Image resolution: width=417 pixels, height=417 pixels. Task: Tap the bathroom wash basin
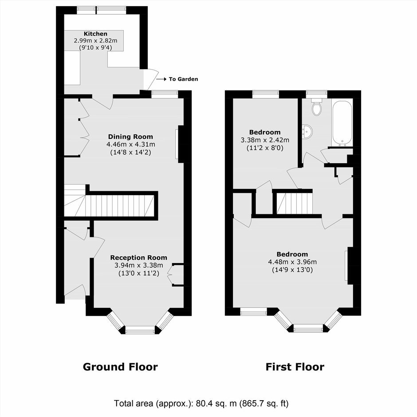coord(307,131)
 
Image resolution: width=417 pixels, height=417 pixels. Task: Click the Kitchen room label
coord(95,34)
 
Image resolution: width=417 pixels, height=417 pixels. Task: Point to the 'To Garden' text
coord(184,79)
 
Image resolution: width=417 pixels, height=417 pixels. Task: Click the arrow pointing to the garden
coord(161,79)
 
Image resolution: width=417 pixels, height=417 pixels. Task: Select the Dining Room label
coord(130,137)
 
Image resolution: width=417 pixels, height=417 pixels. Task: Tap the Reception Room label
coord(138,257)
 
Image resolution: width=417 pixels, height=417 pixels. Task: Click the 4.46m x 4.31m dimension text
coord(130,145)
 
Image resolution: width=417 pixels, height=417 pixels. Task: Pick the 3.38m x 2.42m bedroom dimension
coord(265,140)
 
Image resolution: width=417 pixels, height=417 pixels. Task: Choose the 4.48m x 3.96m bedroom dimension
coord(292,262)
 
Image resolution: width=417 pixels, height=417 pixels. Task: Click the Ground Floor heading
coord(120,367)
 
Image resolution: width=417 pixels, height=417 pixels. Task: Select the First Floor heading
coord(295,367)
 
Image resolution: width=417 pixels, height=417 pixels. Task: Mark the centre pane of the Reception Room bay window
coord(140,331)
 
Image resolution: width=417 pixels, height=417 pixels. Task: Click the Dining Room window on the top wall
coord(165,93)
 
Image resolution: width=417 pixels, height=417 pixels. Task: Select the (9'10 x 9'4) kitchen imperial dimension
coord(95,48)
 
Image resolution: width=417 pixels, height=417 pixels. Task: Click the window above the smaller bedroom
coord(265,93)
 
